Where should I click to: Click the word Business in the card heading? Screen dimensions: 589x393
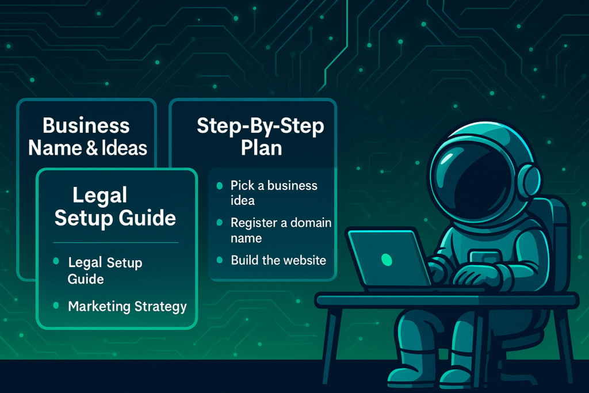coord(86,125)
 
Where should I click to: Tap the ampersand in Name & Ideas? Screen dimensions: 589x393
coord(91,148)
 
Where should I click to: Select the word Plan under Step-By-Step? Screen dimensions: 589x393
coord(262,148)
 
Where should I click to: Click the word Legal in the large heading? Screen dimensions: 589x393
coord(100,196)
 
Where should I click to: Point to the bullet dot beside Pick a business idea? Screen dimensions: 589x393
coord(220,186)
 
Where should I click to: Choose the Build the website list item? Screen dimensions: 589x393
coord(278,260)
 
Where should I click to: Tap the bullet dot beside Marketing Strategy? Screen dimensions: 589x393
coord(56,306)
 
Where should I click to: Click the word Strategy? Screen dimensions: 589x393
coord(160,307)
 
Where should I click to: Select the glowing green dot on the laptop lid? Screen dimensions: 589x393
coord(387,260)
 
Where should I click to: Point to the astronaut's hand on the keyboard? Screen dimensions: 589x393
coord(475,277)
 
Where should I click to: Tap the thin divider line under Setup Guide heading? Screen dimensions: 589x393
coord(116,243)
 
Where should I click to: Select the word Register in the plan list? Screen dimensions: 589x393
coord(254,224)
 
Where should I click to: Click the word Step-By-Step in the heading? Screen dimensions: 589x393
coord(261,126)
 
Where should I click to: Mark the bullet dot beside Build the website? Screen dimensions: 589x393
coord(220,260)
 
